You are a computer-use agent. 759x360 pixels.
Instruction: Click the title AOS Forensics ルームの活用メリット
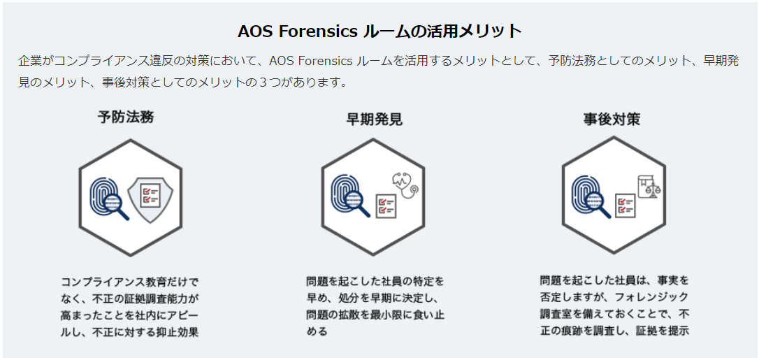(x=379, y=31)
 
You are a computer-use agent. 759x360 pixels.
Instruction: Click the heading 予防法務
(x=126, y=117)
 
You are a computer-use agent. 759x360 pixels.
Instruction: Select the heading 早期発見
(x=374, y=119)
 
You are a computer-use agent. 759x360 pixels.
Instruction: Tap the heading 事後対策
(x=612, y=119)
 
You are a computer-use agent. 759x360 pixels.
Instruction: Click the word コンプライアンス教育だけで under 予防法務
(x=130, y=282)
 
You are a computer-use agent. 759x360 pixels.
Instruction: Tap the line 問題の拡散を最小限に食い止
(x=375, y=315)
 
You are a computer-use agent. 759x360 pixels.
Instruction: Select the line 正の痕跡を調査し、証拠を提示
(x=615, y=331)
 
